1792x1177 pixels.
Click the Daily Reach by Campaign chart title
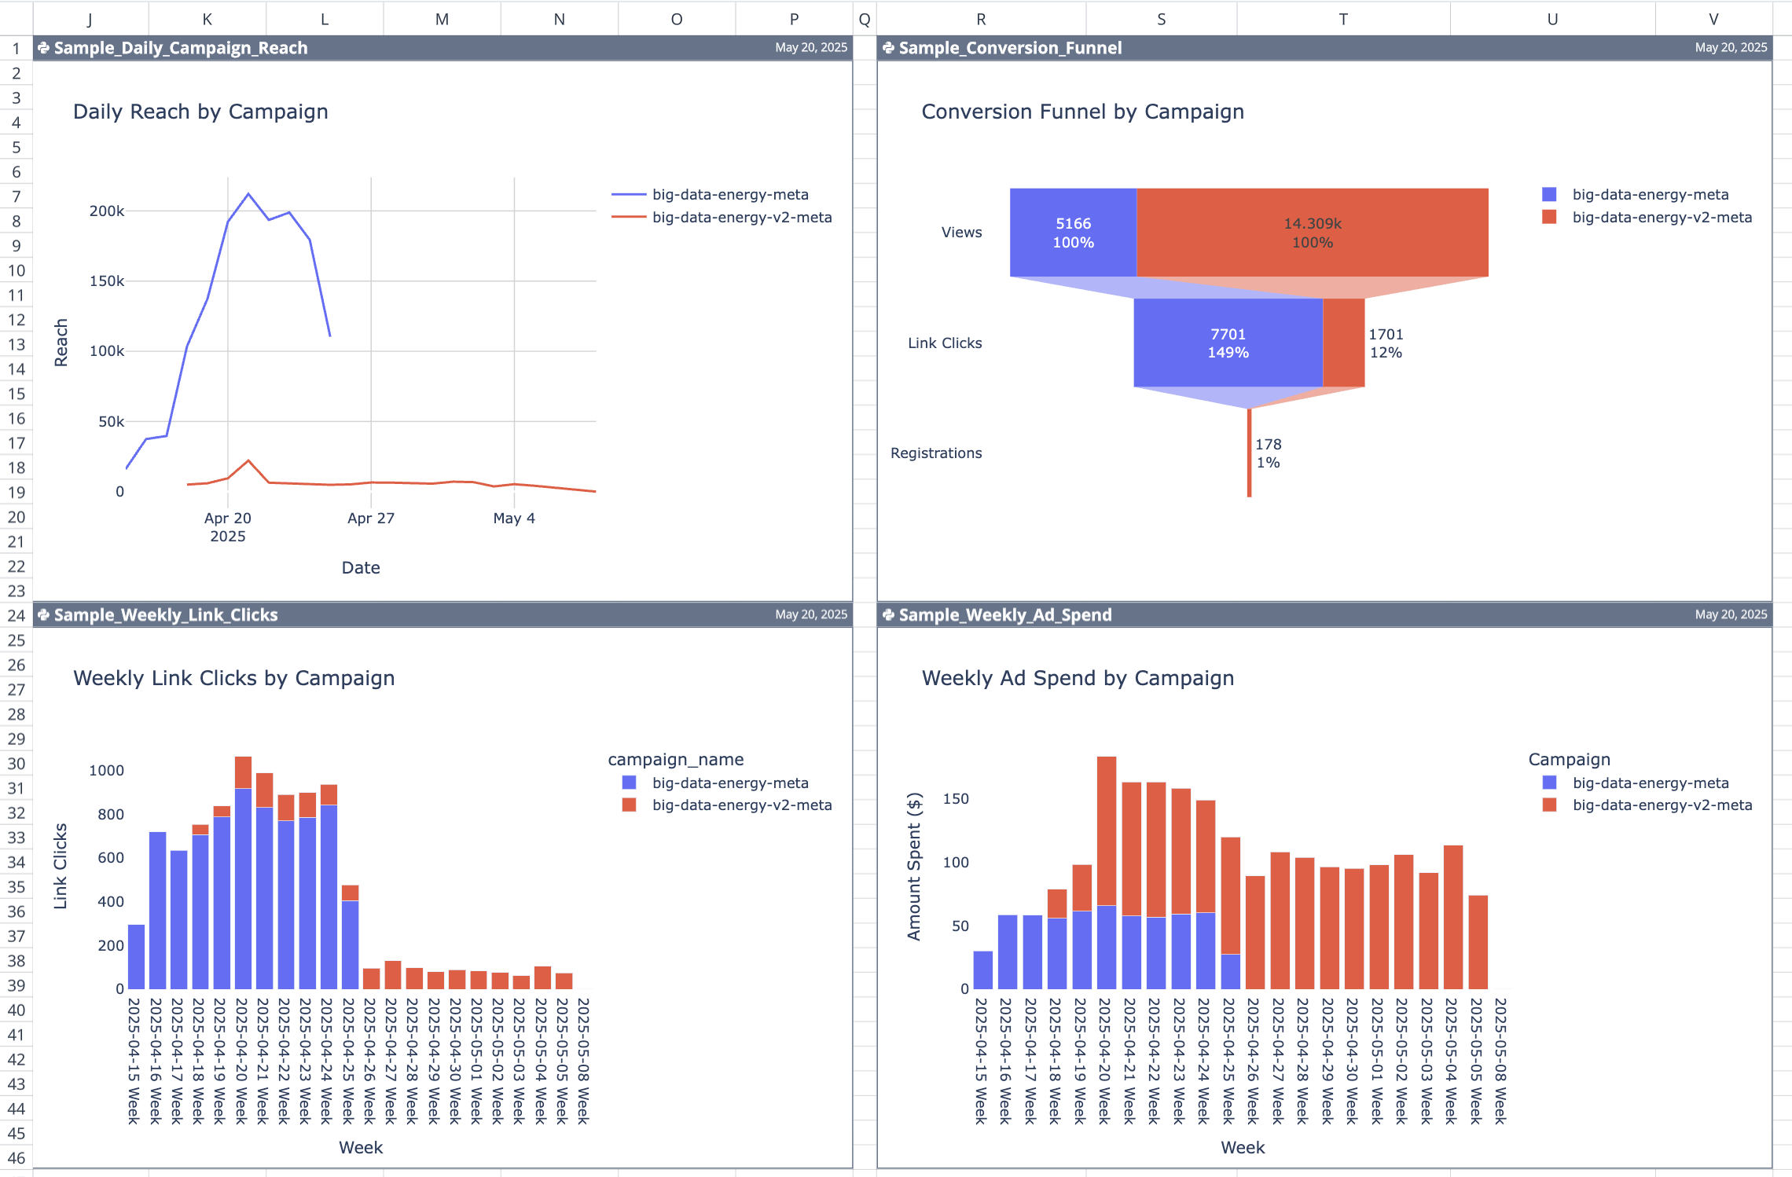(x=200, y=112)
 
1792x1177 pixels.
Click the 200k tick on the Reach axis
(x=107, y=211)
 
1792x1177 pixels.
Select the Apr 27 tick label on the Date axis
(x=371, y=518)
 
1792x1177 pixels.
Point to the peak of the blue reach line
(x=248, y=193)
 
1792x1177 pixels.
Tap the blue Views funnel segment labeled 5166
(x=1073, y=233)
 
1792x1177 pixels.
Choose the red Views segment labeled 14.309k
(x=1312, y=233)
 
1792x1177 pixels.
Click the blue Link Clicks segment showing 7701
(x=1228, y=343)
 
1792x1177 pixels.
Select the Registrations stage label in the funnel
(x=936, y=453)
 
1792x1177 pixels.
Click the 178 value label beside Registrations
(x=1268, y=445)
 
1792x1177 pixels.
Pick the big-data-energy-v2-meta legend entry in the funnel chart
(x=1661, y=218)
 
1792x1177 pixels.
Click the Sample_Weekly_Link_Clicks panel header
(x=166, y=615)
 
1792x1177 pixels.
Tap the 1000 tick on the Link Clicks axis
(x=106, y=771)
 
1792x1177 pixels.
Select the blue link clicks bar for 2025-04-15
(x=136, y=956)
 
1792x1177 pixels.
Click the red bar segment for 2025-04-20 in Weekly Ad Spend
(x=1106, y=830)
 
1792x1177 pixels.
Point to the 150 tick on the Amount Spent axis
(x=956, y=799)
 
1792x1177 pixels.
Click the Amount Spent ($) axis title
(x=913, y=866)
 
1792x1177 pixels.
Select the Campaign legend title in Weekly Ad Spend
(x=1569, y=760)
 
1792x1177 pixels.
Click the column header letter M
(x=442, y=19)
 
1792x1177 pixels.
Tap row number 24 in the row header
(x=17, y=615)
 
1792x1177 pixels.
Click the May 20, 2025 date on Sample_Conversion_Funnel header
(x=1731, y=48)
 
